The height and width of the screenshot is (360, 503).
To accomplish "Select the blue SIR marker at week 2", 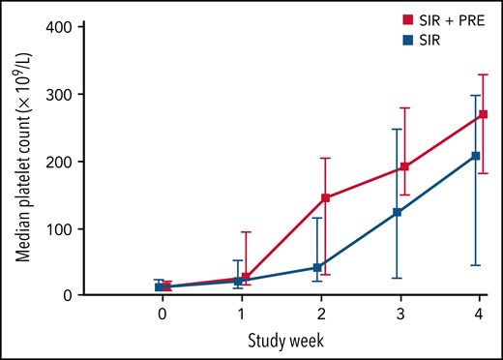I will click(x=317, y=267).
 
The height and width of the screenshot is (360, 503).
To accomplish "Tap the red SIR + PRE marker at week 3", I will click(x=404, y=166).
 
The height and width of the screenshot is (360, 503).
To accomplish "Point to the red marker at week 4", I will click(x=484, y=114).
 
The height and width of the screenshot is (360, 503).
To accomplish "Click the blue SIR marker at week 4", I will click(x=475, y=156).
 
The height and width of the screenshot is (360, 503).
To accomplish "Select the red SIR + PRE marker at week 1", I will click(x=246, y=278).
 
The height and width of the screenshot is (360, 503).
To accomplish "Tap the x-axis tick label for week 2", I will click(x=321, y=315).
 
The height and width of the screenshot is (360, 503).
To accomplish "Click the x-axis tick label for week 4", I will click(x=480, y=315).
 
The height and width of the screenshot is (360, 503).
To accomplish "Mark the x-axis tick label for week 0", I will click(x=163, y=315).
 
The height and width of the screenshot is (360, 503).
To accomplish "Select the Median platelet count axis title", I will click(x=19, y=160).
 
